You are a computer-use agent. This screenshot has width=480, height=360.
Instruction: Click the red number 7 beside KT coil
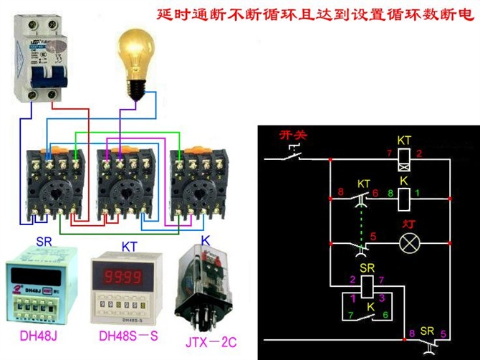389,153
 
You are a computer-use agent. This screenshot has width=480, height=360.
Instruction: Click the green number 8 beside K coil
389,193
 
